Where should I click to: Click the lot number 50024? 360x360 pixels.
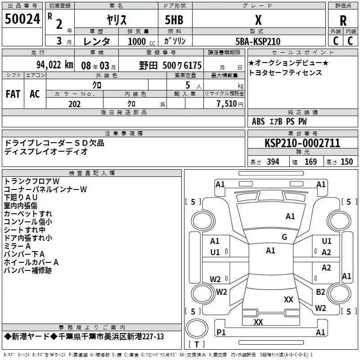coord(22,19)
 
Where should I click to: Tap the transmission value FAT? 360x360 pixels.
coord(13,94)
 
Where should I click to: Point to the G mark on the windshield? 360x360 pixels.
coord(284,237)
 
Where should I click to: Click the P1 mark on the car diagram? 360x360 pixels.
coord(221,332)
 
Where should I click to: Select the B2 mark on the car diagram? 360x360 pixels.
coord(320,292)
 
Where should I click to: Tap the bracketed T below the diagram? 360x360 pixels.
coord(197,345)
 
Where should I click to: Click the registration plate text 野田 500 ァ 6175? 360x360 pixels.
coord(170,65)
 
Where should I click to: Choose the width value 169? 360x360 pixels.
coord(310,162)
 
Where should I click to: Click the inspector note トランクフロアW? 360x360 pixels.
coord(31,181)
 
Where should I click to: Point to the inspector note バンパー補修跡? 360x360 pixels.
coord(27,270)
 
